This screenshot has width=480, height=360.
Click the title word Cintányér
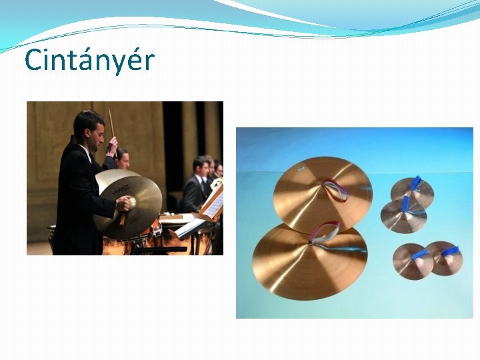(89, 61)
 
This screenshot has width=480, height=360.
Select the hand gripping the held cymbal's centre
(124, 203)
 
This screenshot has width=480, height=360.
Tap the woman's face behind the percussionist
(121, 159)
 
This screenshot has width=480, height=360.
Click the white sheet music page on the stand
(213, 203)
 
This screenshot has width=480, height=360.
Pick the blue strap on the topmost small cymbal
(415, 183)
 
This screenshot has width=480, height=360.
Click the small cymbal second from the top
(403, 215)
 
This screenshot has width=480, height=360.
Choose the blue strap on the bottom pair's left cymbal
(419, 254)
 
